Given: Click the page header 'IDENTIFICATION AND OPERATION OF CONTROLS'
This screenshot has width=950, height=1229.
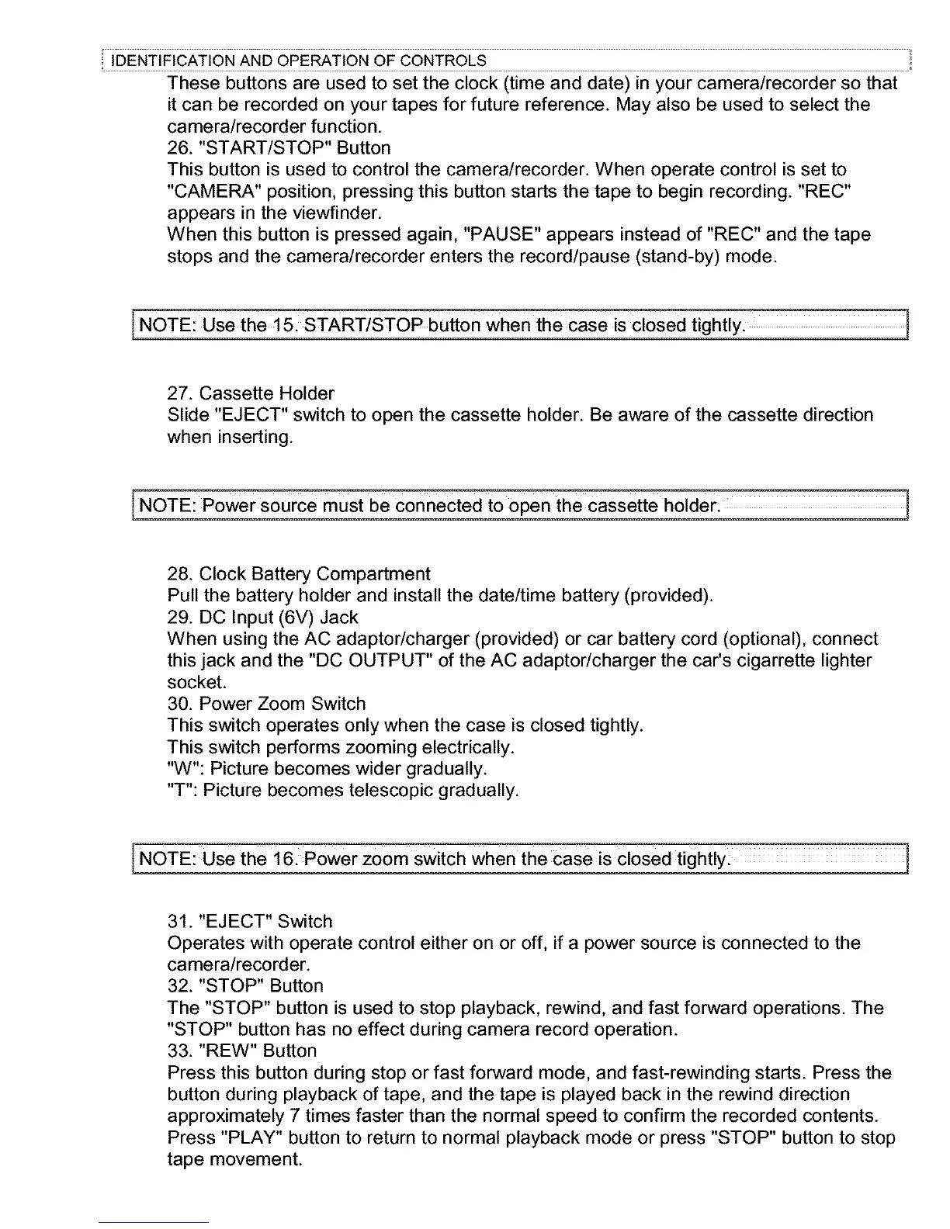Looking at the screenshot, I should click(x=300, y=61).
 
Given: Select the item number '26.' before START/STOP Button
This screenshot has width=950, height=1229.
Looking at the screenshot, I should click(x=180, y=148).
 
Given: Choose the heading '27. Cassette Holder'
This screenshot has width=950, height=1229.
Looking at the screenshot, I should click(x=251, y=393).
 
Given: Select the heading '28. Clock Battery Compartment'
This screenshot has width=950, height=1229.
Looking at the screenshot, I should click(x=299, y=574).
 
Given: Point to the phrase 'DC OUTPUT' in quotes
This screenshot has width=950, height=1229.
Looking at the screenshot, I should click(x=368, y=661).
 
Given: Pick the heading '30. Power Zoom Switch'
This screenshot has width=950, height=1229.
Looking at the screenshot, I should click(x=266, y=705).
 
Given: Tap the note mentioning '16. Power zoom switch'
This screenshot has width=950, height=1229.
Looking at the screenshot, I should click(x=432, y=860).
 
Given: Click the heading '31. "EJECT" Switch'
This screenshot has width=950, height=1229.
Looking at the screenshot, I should click(x=250, y=922).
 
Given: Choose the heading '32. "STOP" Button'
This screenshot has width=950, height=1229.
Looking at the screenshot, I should click(x=245, y=986).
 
